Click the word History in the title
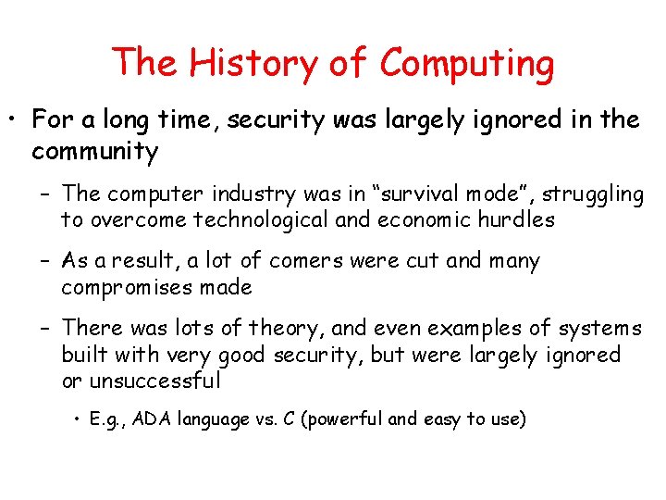(243, 63)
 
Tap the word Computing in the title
(466, 65)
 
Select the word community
(95, 151)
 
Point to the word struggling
(593, 194)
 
